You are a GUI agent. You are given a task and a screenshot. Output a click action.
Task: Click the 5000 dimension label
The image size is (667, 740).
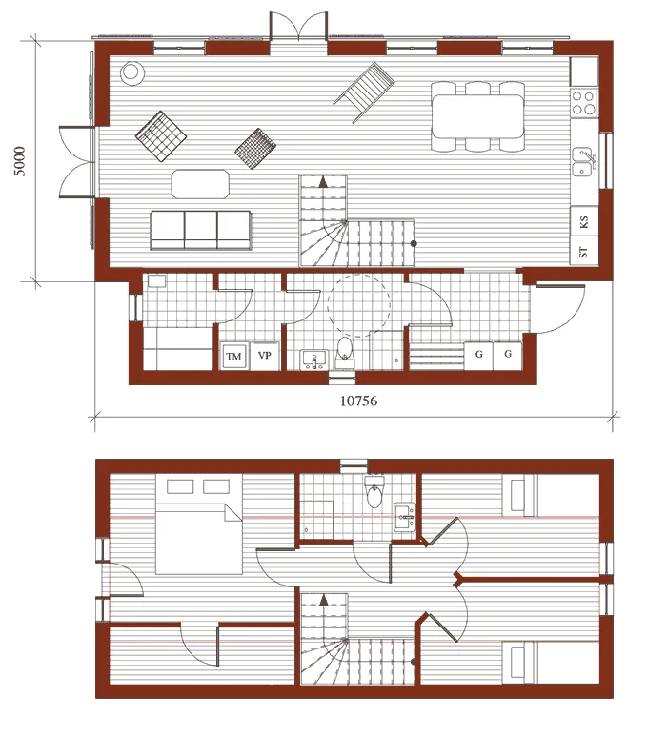[19, 161]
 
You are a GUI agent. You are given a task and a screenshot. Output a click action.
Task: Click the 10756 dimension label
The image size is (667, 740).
[358, 401]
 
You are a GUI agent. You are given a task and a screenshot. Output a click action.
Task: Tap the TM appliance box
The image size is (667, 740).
[233, 357]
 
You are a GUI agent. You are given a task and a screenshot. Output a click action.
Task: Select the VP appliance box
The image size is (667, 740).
[264, 356]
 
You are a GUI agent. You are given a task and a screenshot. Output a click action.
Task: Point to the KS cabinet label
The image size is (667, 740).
[583, 222]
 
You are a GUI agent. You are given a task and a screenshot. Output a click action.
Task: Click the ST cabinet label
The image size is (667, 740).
[583, 252]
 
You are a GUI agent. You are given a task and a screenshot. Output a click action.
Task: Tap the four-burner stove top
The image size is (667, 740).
[583, 103]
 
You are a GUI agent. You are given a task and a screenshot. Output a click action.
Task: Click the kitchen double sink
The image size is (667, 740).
[584, 161]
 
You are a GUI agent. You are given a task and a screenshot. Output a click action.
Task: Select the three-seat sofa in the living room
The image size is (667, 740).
[200, 231]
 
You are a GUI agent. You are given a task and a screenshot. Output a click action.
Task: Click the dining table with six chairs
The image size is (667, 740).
[477, 116]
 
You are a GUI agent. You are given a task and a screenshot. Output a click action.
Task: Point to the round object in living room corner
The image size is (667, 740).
[131, 73]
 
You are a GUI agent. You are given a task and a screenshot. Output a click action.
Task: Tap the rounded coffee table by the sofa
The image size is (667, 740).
[200, 184]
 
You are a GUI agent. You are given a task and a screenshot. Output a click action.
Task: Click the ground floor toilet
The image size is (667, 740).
[344, 352]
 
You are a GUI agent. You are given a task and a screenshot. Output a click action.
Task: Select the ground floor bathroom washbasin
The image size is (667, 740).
[313, 360]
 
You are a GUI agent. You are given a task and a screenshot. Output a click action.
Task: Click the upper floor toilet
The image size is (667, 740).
[374, 492]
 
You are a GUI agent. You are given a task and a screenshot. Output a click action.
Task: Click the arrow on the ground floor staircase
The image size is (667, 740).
[323, 182]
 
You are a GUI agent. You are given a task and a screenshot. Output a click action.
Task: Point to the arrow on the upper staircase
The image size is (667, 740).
[324, 600]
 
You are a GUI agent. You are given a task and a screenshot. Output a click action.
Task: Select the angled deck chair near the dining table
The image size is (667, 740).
[364, 92]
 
